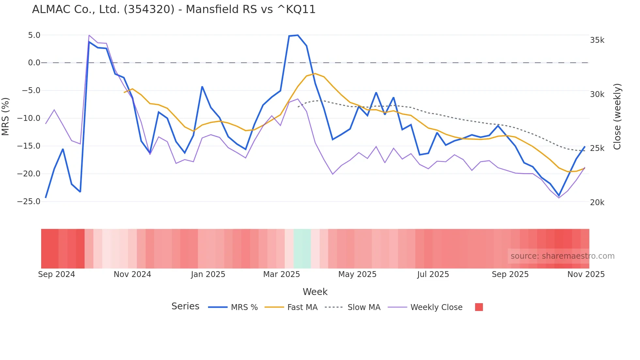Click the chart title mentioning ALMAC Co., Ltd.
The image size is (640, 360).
tap(174, 9)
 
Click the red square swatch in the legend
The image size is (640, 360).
tap(479, 307)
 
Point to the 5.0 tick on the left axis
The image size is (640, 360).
tap(34, 35)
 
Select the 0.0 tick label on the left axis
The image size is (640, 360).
tap(34, 63)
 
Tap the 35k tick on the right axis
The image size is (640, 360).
tap(597, 40)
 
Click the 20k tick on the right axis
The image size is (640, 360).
tap(597, 203)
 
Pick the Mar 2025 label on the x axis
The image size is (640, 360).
tap(281, 274)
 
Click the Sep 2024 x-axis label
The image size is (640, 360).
tap(56, 274)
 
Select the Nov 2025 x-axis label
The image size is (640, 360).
tap(586, 274)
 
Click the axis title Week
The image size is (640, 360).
tap(315, 292)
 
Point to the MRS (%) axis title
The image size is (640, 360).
tap(5, 116)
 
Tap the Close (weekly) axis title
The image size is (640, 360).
tap(617, 117)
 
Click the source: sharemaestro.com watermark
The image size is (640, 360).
tap(562, 256)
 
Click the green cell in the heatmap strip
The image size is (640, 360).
tap(302, 249)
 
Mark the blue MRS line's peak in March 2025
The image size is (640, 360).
tap(297, 35)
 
